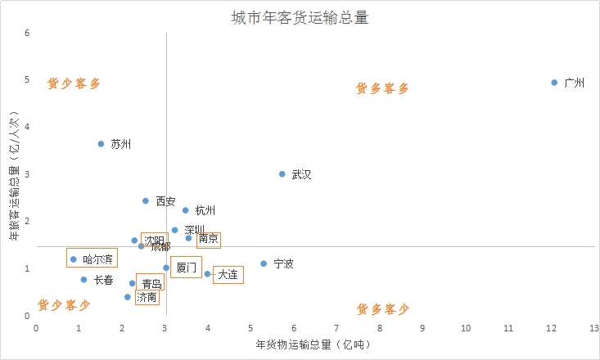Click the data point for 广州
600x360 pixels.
[554, 83]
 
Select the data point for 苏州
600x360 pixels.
[101, 144]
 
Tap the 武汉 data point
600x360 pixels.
[282, 174]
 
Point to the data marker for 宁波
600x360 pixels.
[264, 263]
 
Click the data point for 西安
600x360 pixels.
[146, 200]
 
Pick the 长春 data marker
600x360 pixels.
[83, 280]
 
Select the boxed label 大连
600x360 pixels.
[228, 274]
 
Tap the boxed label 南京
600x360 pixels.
[209, 239]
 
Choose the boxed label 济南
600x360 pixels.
[147, 297]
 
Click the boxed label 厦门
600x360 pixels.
[186, 268]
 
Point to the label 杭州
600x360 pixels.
[205, 210]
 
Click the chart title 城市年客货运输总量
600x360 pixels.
[300, 18]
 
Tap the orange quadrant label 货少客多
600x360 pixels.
[74, 83]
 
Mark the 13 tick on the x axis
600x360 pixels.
[594, 327]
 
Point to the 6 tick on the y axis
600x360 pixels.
[27, 34]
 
